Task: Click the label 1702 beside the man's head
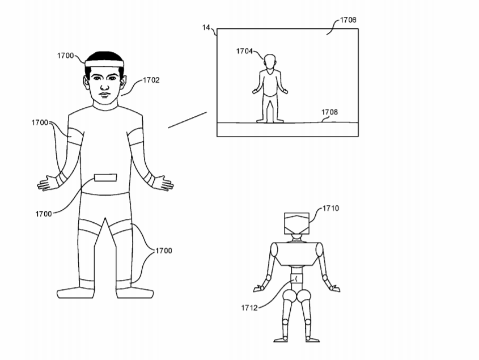point(151,80)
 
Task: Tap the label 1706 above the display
point(348,20)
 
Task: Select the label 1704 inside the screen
point(244,51)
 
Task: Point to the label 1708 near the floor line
point(329,112)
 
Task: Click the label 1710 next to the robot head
point(331,208)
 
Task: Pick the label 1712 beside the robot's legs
point(249,308)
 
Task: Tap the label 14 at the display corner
point(206,28)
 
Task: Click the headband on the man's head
point(104,63)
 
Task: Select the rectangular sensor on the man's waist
point(105,177)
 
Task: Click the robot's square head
point(296,223)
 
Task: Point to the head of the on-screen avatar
point(270,63)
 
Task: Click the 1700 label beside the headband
point(65,56)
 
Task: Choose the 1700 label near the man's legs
point(164,251)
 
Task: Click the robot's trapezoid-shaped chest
point(296,253)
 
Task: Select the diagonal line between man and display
point(187,120)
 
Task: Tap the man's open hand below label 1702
point(163,183)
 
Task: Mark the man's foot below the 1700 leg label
point(135,293)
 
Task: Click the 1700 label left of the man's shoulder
point(40,122)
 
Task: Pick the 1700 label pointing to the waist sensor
point(44,214)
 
